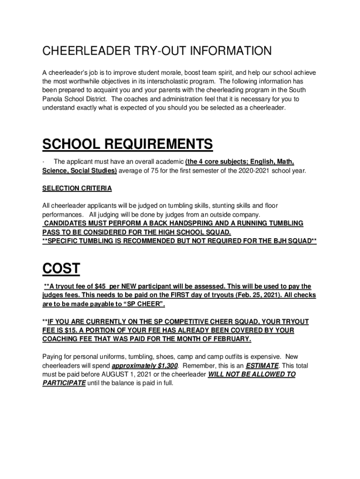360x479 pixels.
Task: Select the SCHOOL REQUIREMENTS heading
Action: (x=128, y=145)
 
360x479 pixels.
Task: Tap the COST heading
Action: (x=61, y=269)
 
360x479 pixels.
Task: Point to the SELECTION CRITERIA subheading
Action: (x=77, y=189)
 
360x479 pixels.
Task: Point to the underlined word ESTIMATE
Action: (x=261, y=365)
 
